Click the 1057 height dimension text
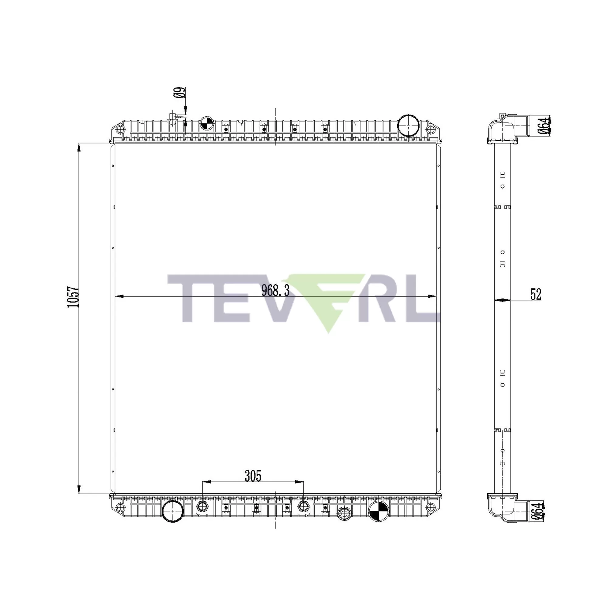click(x=73, y=297)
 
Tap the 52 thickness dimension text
click(x=536, y=294)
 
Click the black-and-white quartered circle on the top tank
click(x=207, y=123)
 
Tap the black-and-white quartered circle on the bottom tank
click(x=378, y=512)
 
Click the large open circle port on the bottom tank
click(x=173, y=512)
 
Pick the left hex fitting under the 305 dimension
click(x=202, y=506)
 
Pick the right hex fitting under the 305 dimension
click(x=303, y=506)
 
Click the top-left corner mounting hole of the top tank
click(x=119, y=129)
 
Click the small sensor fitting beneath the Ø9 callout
click(x=173, y=117)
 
